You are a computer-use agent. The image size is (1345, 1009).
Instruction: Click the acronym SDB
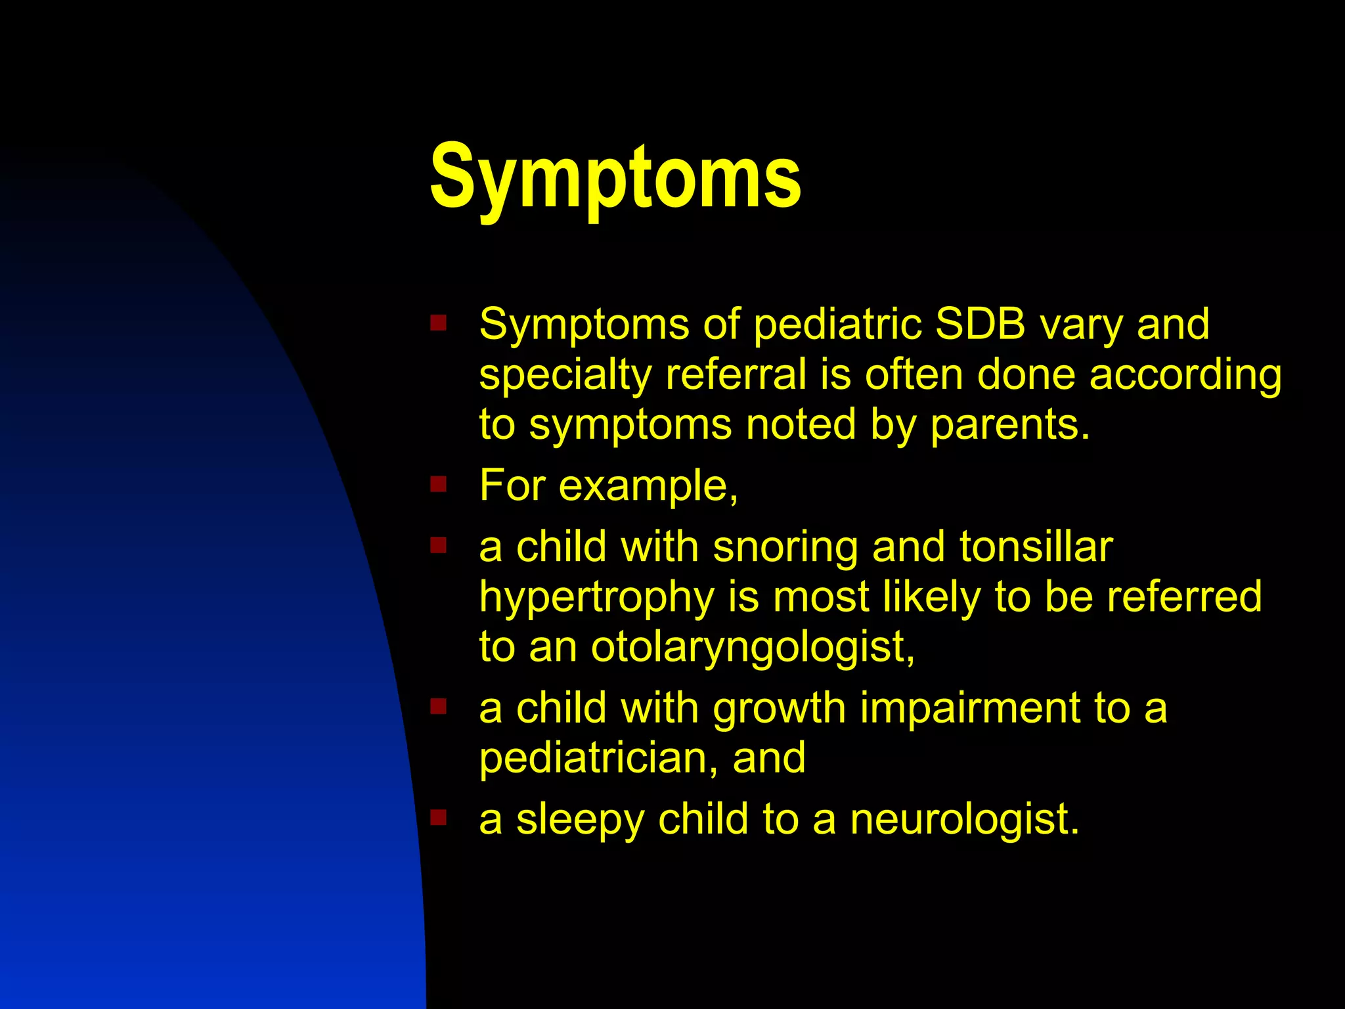[980, 324]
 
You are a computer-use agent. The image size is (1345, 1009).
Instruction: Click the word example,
[649, 487]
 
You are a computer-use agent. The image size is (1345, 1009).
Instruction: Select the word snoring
[785, 547]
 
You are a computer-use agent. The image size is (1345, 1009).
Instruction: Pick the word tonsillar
[1036, 547]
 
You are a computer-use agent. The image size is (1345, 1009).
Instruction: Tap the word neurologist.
[964, 820]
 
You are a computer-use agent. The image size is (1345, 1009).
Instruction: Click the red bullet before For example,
[438, 485]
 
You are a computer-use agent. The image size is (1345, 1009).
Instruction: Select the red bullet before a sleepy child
[438, 818]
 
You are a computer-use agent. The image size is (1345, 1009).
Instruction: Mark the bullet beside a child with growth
[438, 706]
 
